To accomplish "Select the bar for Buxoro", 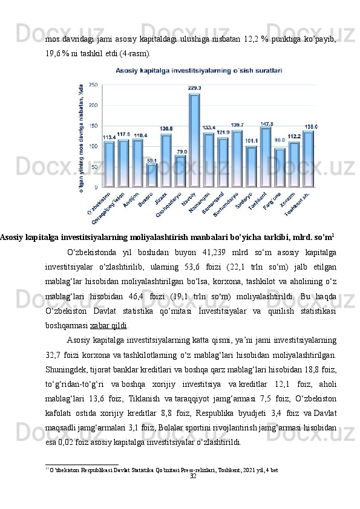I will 151,175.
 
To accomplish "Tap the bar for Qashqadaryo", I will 180,171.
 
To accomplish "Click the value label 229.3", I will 195,88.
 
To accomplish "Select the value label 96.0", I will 280,140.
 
